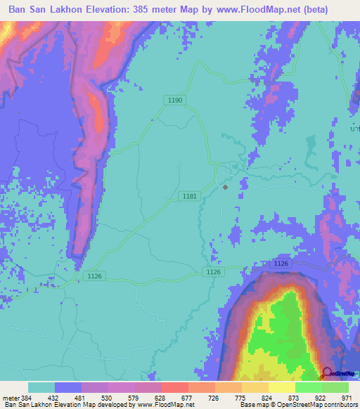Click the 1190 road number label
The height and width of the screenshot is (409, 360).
176,100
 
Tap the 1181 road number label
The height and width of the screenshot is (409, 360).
188,196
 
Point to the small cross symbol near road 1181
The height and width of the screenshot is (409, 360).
225,187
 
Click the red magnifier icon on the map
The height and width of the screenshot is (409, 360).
327,375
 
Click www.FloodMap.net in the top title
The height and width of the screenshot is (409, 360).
266,11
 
